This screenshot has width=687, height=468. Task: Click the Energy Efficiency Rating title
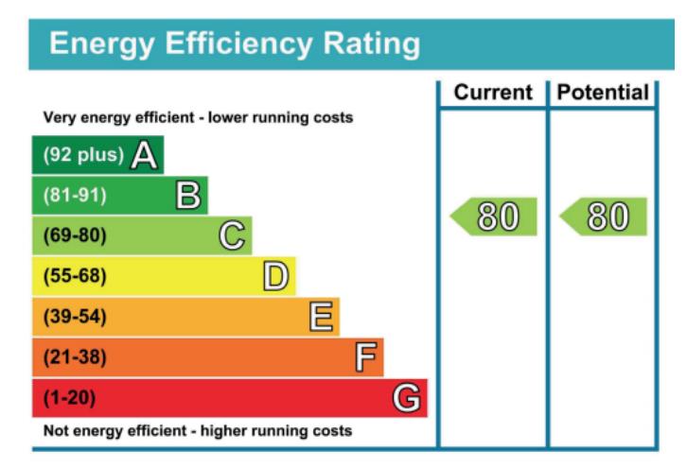coord(234,43)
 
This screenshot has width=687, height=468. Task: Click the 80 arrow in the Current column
coord(495,217)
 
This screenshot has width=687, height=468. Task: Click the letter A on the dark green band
coord(144,155)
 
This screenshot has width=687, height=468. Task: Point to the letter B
coord(188,196)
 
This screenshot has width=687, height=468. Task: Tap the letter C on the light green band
coord(232,235)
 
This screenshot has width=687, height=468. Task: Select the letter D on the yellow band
coord(275,276)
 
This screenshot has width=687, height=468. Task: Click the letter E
coord(320,317)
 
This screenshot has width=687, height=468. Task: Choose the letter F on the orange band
coord(364,357)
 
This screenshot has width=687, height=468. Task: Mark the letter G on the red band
coord(407,398)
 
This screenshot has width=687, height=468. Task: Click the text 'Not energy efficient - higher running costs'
coord(197,431)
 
